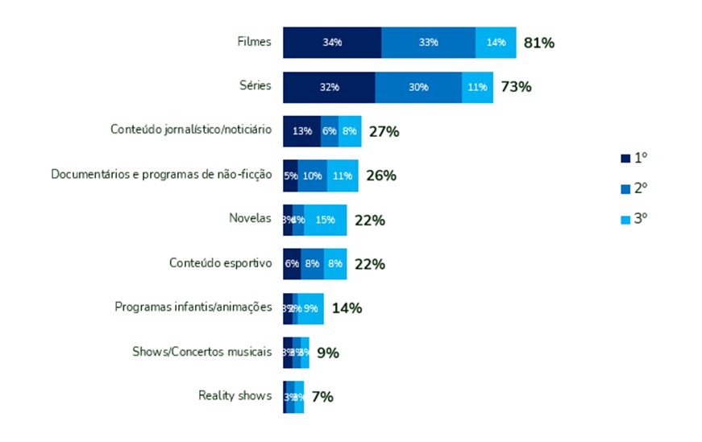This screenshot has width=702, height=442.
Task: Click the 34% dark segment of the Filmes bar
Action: (331, 42)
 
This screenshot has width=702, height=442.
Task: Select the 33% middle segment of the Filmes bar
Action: (428, 42)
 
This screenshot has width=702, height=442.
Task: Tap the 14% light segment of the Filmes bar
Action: (496, 42)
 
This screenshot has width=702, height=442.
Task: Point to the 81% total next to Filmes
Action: (538, 43)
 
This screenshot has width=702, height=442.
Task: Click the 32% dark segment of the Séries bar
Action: (329, 87)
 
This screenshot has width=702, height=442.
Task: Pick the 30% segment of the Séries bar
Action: (418, 87)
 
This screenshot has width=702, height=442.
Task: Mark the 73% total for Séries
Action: (516, 87)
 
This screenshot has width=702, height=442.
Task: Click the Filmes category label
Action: (254, 42)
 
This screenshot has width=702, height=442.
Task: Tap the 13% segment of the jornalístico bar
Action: (302, 131)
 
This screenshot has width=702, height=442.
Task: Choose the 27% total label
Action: (384, 131)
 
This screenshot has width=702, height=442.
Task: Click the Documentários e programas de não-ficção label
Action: (161, 174)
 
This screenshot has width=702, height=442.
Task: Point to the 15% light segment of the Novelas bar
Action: (326, 220)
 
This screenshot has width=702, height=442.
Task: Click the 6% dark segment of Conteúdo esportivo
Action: (292, 264)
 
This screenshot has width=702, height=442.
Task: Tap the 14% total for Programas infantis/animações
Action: (347, 308)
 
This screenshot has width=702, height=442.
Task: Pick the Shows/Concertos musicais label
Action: (202, 351)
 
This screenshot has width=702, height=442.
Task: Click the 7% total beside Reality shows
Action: (322, 396)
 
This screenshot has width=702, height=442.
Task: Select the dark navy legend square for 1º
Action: (625, 159)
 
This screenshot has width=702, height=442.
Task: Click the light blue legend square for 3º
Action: (625, 218)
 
